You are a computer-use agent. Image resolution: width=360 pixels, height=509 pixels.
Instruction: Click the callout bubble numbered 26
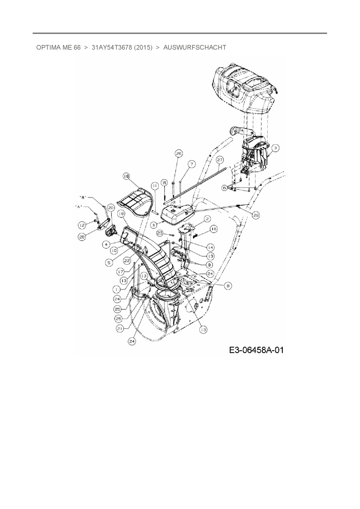(179, 153)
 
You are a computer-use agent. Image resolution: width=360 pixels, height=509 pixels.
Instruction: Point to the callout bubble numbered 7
(192, 164)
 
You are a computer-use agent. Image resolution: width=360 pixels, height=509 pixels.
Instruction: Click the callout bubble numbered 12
(82, 225)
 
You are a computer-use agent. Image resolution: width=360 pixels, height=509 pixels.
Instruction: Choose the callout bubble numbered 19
(121, 214)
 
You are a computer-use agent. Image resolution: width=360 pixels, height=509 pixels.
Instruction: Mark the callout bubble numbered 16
(213, 229)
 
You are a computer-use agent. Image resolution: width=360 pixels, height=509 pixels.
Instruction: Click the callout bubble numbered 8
(228, 286)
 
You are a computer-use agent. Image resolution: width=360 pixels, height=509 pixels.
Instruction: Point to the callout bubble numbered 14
(210, 247)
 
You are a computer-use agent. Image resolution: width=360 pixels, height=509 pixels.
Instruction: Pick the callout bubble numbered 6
(224, 188)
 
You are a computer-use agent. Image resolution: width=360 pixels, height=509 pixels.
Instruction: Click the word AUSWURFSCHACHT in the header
(195, 47)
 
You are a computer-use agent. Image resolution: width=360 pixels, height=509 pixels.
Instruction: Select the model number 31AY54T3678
(112, 47)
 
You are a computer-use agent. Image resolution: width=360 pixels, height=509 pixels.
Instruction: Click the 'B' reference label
(83, 197)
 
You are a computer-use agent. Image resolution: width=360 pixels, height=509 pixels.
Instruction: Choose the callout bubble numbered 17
(121, 272)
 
